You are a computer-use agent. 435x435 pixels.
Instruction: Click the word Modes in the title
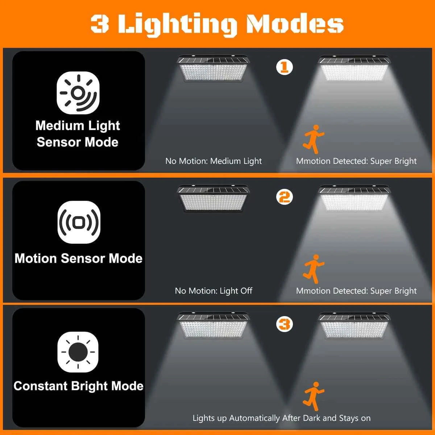294,24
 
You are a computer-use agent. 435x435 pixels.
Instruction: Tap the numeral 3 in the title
100,24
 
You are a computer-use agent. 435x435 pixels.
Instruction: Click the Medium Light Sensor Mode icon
78,93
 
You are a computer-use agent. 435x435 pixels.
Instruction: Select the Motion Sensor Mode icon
79,222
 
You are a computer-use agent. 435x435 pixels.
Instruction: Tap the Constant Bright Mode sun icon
78,352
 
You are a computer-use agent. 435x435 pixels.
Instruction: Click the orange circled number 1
284,67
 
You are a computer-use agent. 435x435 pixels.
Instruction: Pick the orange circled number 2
284,197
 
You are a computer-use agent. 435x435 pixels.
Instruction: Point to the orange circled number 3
284,324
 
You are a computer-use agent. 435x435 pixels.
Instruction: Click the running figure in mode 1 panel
313,139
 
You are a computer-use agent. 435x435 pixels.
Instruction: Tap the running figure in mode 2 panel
313,269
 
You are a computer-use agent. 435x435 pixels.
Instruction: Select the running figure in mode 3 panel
313,396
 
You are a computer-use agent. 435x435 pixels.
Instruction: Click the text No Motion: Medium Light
214,161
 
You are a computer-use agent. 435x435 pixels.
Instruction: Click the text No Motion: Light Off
214,291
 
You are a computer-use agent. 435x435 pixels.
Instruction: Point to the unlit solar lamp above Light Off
214,198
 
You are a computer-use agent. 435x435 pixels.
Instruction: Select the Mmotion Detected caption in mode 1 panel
356,161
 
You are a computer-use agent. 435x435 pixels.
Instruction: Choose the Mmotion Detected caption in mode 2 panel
356,291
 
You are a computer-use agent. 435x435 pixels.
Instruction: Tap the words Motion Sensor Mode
78,258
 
